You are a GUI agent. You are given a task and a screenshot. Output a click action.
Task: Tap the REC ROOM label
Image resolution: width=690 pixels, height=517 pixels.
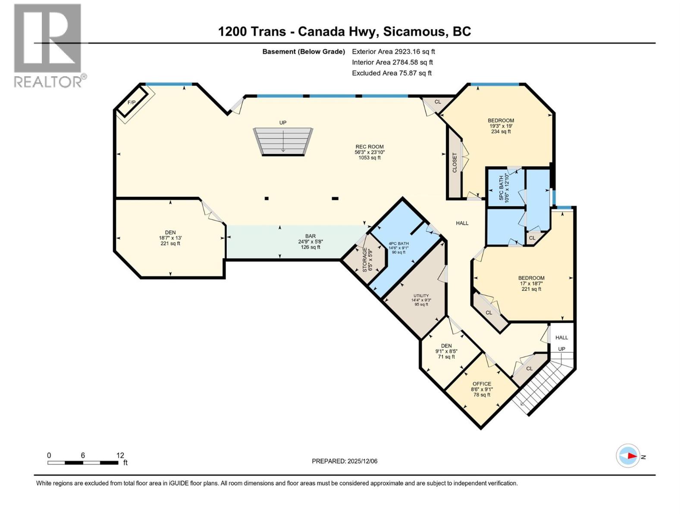tap(369, 147)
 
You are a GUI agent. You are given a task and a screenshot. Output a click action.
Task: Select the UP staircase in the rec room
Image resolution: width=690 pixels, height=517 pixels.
tap(283, 141)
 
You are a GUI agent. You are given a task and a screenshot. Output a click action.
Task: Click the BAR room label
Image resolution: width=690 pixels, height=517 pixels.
tap(310, 236)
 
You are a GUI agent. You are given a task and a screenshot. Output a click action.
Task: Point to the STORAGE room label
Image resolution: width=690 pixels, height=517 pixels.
tap(364, 259)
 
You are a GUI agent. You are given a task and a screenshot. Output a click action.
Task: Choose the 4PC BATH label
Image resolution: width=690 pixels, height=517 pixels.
tap(398, 243)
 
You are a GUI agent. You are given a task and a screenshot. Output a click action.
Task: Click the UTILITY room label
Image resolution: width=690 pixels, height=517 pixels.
tap(421, 296)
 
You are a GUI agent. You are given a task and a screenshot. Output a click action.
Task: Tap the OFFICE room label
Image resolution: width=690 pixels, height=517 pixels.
tap(482, 384)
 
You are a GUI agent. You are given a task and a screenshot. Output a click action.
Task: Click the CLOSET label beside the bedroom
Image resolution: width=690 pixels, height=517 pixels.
tap(455, 163)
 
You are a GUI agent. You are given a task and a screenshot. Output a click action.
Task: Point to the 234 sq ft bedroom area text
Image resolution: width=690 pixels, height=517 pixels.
tap(501, 131)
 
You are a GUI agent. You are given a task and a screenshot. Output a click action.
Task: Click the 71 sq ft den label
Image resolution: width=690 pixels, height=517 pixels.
tap(446, 357)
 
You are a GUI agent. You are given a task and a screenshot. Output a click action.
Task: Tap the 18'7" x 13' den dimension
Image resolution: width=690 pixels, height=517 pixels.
tap(170, 238)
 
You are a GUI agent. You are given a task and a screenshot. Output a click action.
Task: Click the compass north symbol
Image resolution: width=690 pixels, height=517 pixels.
tap(628, 456)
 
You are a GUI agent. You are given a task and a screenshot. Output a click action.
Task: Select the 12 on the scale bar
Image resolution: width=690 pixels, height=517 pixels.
tap(120, 455)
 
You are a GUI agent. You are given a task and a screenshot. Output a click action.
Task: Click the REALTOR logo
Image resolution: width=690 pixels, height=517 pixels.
tap(48, 45)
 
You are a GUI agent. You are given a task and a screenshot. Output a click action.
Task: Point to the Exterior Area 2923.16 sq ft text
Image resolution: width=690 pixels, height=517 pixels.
tap(393, 51)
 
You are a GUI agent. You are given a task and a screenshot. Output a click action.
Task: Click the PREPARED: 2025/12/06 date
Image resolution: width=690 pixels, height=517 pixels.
tap(345, 461)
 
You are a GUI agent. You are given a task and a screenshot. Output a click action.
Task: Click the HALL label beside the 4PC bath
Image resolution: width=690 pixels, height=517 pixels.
tap(462, 223)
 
